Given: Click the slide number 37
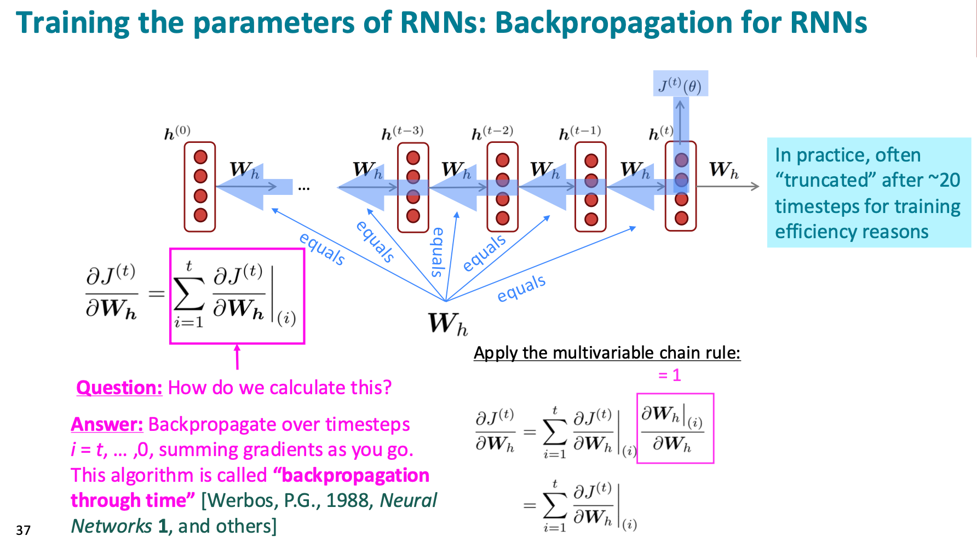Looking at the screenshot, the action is point(23,530).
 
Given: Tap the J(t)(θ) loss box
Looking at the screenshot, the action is point(680,84).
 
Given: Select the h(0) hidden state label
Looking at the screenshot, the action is point(177,133).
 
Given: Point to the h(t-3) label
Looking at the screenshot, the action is point(402,133).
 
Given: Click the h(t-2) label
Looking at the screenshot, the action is point(492,133).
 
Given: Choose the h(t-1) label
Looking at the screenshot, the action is point(580,133).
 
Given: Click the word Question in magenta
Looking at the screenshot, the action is point(119,388).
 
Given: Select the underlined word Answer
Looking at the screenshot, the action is point(107,424).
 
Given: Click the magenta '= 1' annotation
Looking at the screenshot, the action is point(669,375).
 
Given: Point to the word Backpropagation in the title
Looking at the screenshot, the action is point(613,23).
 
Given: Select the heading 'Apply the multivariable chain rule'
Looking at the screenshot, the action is point(607,353).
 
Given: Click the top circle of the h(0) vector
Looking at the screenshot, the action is point(200,157).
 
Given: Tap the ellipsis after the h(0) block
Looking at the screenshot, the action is point(304,189).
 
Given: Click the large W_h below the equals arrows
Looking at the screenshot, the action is point(447,324).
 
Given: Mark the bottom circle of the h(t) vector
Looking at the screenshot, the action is point(681,218).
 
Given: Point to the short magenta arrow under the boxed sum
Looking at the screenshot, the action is point(237,357).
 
